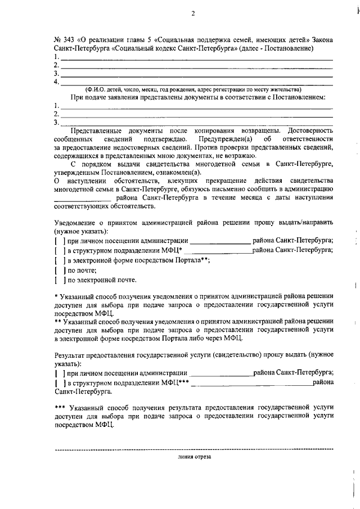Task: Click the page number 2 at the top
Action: pyautogui.click(x=192, y=15)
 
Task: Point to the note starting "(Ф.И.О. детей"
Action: pyautogui.click(x=193, y=89)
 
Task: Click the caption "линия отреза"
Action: pyautogui.click(x=194, y=457)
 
